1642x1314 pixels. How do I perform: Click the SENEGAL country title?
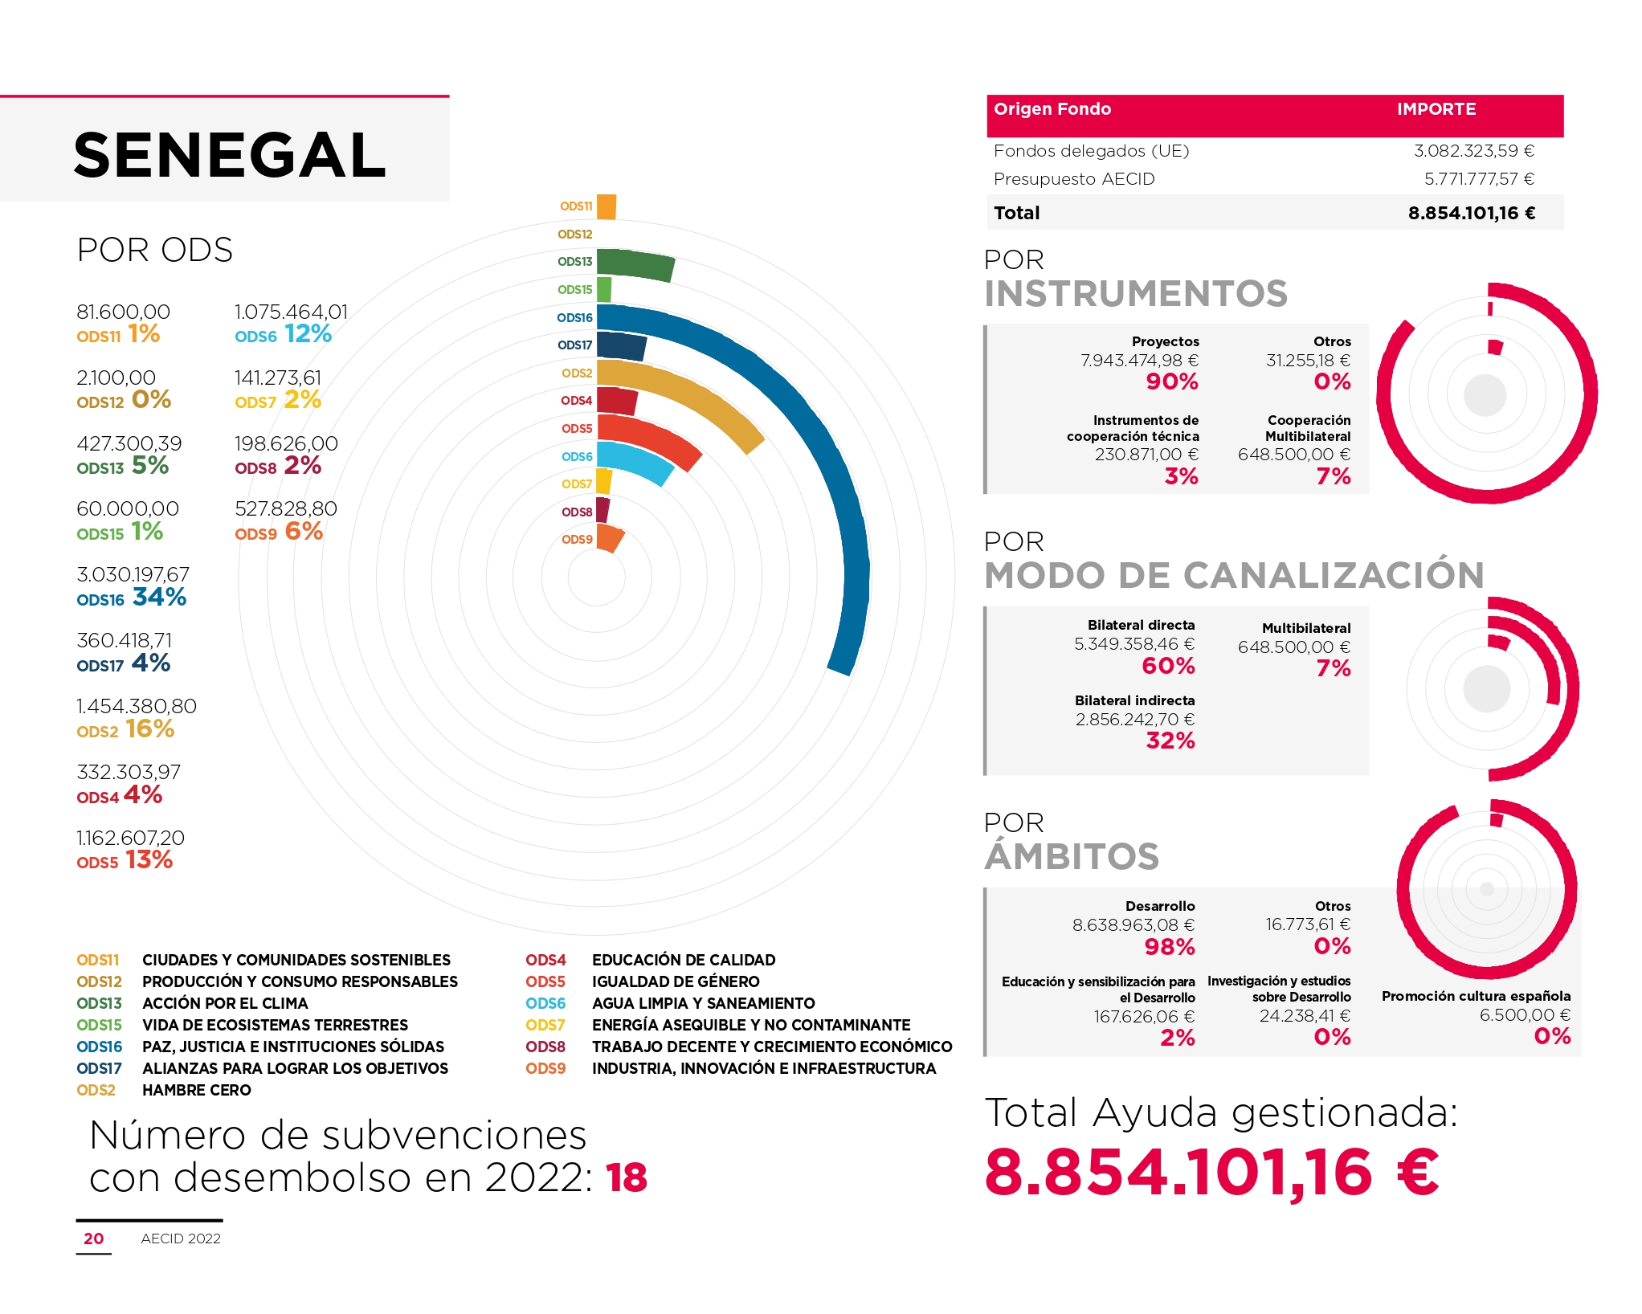pos(230,155)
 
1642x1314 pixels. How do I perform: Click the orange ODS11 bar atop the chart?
pos(607,206)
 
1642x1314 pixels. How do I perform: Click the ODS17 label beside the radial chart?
pos(574,345)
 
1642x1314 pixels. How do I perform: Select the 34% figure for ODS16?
pos(160,597)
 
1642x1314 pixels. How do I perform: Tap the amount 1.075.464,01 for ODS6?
pos(291,312)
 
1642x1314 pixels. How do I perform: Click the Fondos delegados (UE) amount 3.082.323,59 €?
pos(1473,151)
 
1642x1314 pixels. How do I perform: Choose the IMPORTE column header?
pos(1436,109)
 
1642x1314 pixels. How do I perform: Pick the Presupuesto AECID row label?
pos(1073,179)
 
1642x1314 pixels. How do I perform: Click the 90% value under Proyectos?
pos(1172,382)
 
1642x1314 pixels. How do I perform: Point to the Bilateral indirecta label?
pos(1134,700)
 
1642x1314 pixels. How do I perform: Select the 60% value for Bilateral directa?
pos(1168,666)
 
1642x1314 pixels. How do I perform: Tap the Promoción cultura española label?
pos(1476,996)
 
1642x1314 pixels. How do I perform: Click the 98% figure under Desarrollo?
pos(1170,947)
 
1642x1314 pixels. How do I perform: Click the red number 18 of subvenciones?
pos(627,1178)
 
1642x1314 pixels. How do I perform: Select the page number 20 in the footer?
pos(93,1239)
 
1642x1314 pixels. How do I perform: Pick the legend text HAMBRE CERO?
pos(197,1090)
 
